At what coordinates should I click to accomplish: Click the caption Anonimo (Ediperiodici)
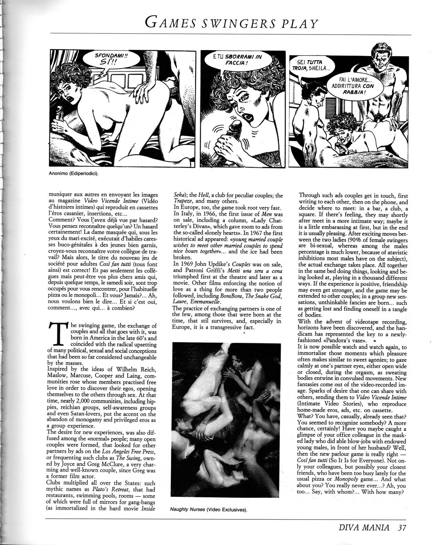point(73,173)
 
